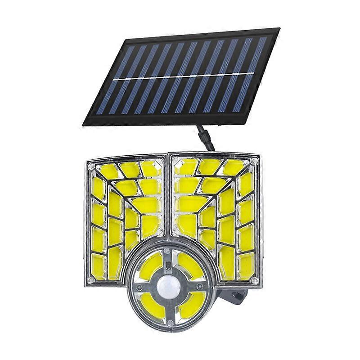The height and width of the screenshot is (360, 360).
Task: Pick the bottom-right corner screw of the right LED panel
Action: (255, 280)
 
